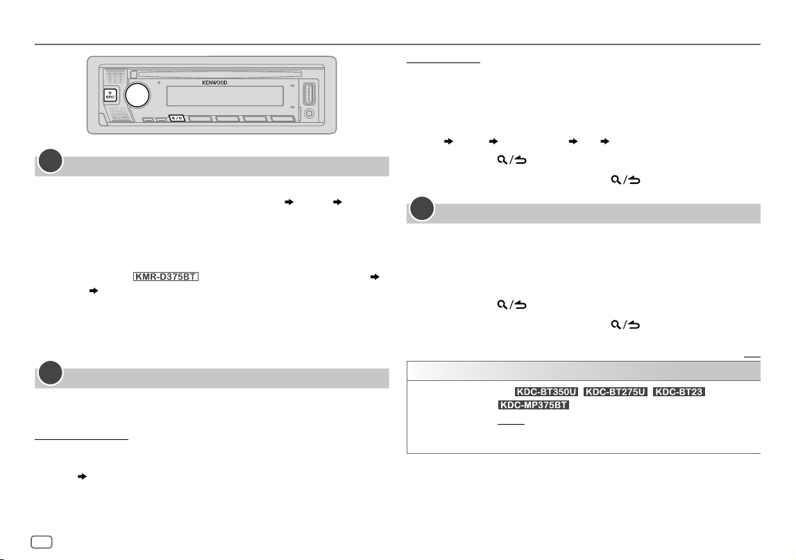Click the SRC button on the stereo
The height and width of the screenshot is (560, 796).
click(110, 96)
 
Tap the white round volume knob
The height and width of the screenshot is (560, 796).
click(137, 95)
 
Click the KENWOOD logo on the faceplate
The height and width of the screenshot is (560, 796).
click(214, 83)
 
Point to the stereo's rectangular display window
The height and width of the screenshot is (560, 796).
click(225, 96)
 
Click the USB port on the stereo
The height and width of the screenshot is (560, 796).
click(309, 94)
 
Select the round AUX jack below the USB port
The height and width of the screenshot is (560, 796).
click(309, 114)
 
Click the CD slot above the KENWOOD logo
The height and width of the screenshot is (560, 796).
click(219, 75)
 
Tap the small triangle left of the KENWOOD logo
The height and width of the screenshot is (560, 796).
click(158, 83)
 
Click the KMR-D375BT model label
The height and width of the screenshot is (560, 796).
click(165, 277)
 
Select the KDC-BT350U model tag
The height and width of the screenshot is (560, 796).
click(546, 392)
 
